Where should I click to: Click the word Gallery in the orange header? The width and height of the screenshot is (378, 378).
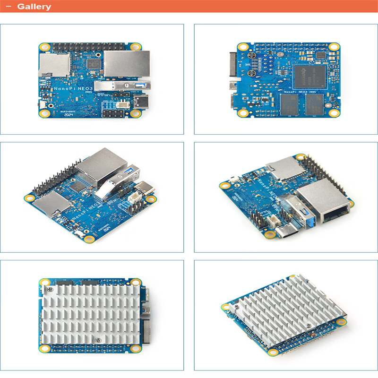coord(34,7)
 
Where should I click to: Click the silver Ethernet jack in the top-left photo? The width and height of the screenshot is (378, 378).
coord(127,64)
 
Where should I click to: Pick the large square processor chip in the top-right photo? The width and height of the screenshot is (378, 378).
coord(310,76)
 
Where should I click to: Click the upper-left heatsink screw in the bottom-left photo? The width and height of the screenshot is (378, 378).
coord(50,287)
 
